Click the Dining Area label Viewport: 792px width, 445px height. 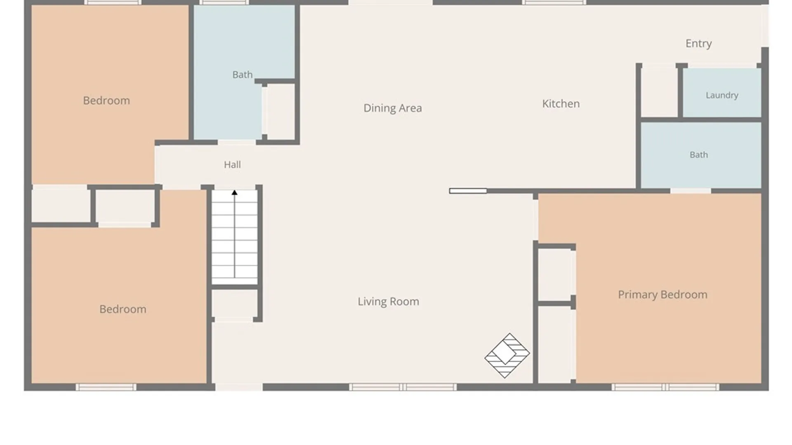point(392,108)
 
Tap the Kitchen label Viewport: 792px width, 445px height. point(561,103)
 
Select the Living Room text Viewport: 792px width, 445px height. point(388,302)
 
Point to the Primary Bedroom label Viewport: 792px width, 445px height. point(662,295)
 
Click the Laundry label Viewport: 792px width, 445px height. point(722,95)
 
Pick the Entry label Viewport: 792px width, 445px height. point(698,44)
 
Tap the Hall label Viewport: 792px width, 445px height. point(232,165)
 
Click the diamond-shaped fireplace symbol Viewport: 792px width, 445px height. point(507,356)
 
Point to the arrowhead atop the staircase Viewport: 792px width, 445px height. point(234,192)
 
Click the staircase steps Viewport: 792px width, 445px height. point(234,237)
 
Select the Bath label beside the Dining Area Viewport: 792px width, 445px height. point(242,75)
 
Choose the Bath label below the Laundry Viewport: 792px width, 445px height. point(699,155)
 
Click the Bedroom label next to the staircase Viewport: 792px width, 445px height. point(123,309)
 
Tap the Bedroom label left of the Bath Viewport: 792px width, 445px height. point(106,101)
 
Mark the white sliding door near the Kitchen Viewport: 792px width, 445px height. point(468,191)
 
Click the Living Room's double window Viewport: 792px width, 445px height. point(403,387)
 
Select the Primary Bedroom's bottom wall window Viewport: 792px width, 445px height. point(665,387)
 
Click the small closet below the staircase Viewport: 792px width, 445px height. point(234,303)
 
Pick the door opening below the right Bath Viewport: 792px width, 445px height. point(691,191)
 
